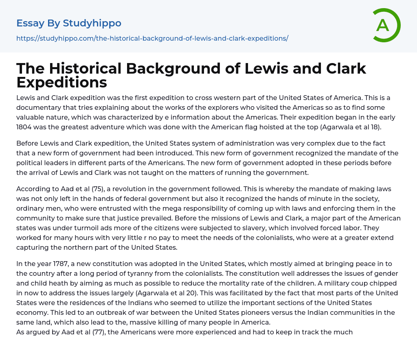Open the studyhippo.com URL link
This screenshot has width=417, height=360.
(x=152, y=38)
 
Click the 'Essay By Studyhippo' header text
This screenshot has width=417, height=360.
(x=69, y=23)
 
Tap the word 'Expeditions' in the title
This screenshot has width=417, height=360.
(x=61, y=83)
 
